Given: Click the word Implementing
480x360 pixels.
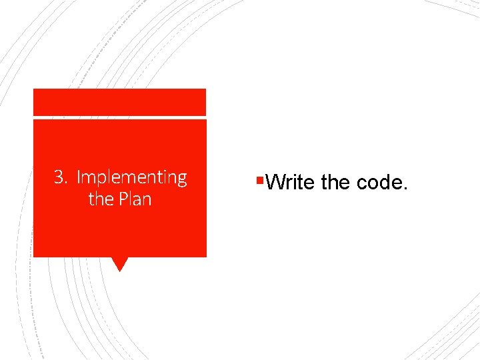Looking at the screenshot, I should [x=131, y=178].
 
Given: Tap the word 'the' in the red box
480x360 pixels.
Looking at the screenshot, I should [x=100, y=199].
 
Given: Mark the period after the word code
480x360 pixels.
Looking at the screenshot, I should [x=404, y=188].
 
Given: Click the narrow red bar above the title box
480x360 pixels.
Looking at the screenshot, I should [x=120, y=102].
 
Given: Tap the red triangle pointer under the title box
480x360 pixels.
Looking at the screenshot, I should [x=119, y=264].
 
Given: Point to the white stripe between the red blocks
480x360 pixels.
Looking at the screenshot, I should [x=120, y=118].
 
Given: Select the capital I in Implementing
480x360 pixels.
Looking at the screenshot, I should [x=79, y=178].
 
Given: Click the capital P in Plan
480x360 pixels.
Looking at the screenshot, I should [x=121, y=199].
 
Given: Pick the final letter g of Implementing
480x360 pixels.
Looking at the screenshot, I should [x=182, y=179].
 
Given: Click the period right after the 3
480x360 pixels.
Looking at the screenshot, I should [x=67, y=183].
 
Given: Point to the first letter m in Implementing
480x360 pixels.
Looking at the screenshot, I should [x=88, y=179].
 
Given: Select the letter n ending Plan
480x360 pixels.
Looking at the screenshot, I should [x=147, y=201].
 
